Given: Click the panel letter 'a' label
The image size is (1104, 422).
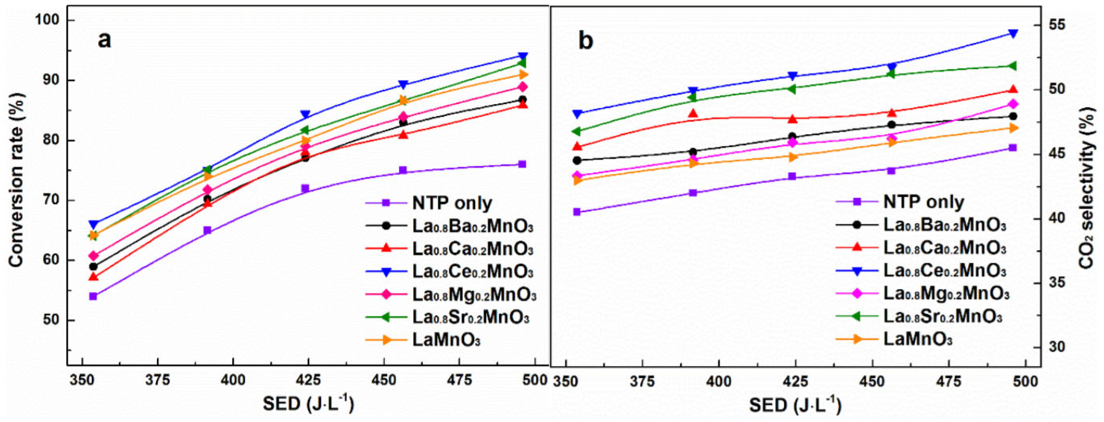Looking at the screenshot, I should point(104,40).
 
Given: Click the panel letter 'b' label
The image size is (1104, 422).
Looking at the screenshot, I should point(586,42).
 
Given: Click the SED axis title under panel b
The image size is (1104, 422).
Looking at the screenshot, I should point(795,405).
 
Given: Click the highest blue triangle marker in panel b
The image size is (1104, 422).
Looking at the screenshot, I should point(1013,34).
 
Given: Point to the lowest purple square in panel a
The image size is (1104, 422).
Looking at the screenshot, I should point(93,296).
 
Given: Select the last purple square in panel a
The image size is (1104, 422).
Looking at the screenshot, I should point(522,164).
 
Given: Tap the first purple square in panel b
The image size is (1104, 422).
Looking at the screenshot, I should point(576,212).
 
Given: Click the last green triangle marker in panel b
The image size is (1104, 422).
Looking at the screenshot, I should point(1013,66).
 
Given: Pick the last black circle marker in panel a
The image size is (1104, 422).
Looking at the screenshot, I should point(522,100).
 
